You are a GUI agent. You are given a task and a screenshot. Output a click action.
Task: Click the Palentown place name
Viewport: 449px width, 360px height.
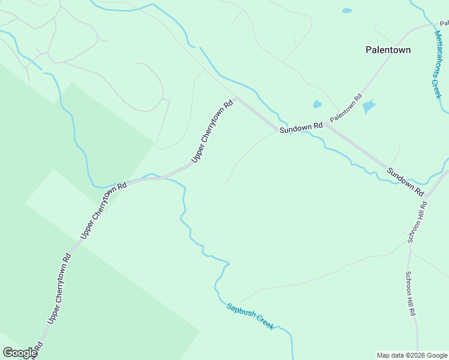pyautogui.click(x=388, y=50)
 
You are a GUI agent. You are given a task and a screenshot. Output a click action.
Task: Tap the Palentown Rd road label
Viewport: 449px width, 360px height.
pyautogui.click(x=346, y=108)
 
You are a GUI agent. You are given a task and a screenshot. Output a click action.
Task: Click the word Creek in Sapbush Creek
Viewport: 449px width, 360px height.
pyautogui.click(x=265, y=323)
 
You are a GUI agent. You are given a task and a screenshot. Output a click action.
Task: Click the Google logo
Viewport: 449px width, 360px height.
pyautogui.click(x=19, y=353)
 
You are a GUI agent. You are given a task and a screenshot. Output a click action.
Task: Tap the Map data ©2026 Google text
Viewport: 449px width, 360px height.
pyautogui.click(x=412, y=355)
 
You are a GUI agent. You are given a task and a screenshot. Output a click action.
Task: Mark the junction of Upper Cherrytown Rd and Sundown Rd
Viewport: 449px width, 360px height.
pyautogui.click(x=237, y=98)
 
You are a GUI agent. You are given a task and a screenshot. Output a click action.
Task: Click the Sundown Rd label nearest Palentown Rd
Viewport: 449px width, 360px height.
pyautogui.click(x=301, y=127)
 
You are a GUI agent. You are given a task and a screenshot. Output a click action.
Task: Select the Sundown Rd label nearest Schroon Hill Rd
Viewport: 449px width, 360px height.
pyautogui.click(x=405, y=181)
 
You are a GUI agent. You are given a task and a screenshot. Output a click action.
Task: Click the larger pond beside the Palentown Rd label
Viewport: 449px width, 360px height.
pyautogui.click(x=368, y=107)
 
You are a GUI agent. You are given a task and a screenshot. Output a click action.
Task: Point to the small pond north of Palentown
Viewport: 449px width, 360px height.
pyautogui.click(x=346, y=11)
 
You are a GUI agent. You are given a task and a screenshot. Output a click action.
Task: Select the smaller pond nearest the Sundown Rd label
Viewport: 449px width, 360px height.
pyautogui.click(x=317, y=104)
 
